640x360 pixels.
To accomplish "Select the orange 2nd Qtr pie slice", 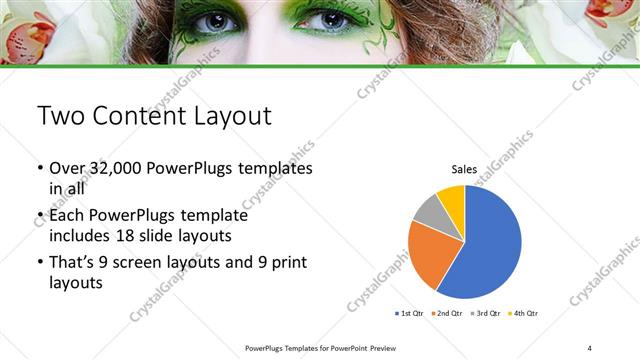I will pos(432,252).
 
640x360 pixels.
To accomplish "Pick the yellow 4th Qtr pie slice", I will pos(452,199).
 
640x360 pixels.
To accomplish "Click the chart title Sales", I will pos(464,170).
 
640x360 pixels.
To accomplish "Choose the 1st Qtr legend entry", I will pos(410,313).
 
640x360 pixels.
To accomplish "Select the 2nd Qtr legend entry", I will pos(445,313).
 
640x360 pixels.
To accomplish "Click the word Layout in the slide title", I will pos(224,116).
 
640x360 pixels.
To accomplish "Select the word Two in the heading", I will pos(61,116).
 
